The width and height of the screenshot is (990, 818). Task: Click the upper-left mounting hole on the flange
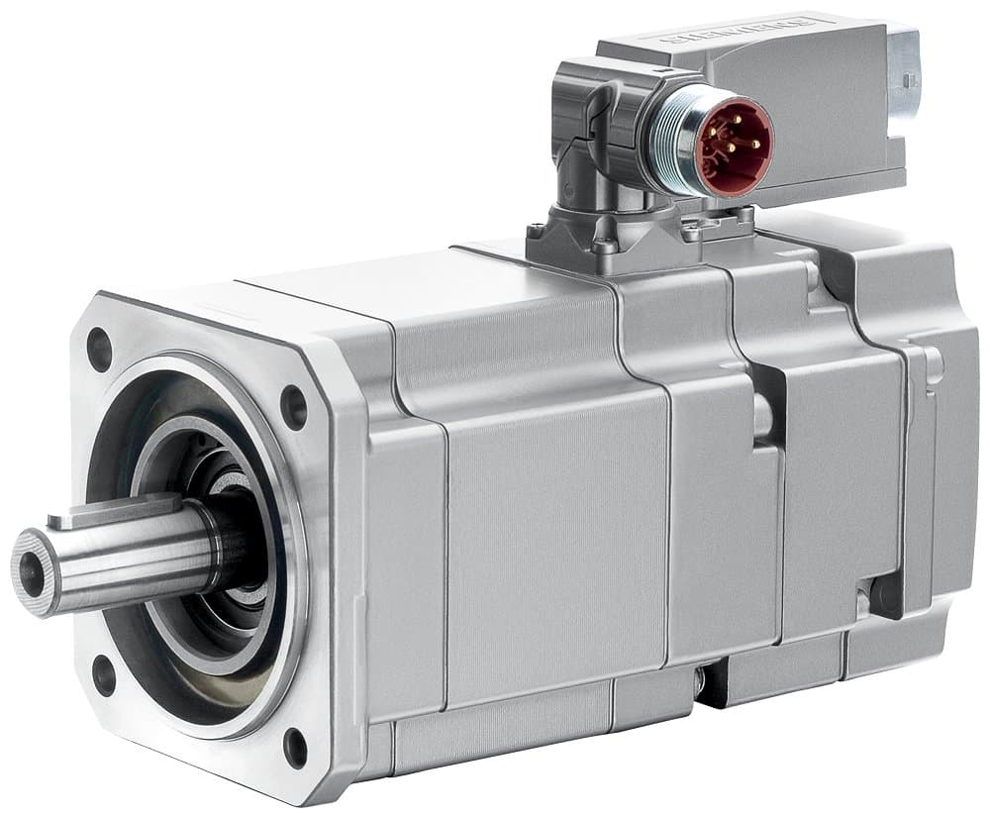(99, 349)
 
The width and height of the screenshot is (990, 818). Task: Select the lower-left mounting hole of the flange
(104, 674)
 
